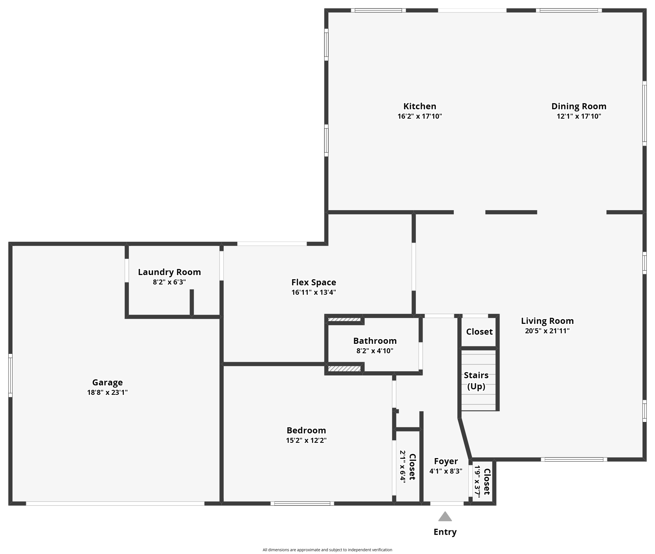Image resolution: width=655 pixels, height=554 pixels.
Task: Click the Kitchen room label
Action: tap(420, 106)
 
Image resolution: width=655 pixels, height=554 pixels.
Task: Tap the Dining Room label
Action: tap(579, 106)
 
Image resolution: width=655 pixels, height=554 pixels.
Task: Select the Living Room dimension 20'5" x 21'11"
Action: tap(547, 331)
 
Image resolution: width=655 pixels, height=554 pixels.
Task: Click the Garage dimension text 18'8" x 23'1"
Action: tap(107, 392)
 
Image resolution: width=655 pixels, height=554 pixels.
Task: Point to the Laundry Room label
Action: tap(169, 272)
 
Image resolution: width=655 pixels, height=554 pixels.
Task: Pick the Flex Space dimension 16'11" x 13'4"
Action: tap(314, 292)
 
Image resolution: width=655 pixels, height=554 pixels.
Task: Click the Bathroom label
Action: tap(375, 341)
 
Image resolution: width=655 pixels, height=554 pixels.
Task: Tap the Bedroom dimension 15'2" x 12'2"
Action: tap(306, 440)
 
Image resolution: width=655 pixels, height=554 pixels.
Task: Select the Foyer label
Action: tap(446, 461)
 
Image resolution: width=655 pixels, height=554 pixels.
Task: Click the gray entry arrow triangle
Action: tap(445, 516)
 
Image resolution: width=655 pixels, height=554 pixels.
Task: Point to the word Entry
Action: tap(445, 532)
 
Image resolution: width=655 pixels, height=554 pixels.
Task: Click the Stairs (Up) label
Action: tap(476, 381)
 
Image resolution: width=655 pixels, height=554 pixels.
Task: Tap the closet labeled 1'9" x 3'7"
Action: tap(482, 481)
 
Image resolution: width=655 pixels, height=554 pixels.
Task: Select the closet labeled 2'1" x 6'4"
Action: tap(408, 467)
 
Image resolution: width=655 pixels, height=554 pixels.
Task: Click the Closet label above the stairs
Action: tap(479, 332)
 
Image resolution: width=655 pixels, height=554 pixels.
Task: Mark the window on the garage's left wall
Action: tap(10, 375)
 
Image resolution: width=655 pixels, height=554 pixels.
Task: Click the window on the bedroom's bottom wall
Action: tap(302, 504)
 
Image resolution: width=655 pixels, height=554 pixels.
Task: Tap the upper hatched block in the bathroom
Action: tap(344, 320)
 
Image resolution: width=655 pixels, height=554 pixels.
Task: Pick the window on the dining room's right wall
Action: tap(644, 113)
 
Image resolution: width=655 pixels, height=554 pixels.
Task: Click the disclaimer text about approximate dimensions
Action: tap(327, 550)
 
